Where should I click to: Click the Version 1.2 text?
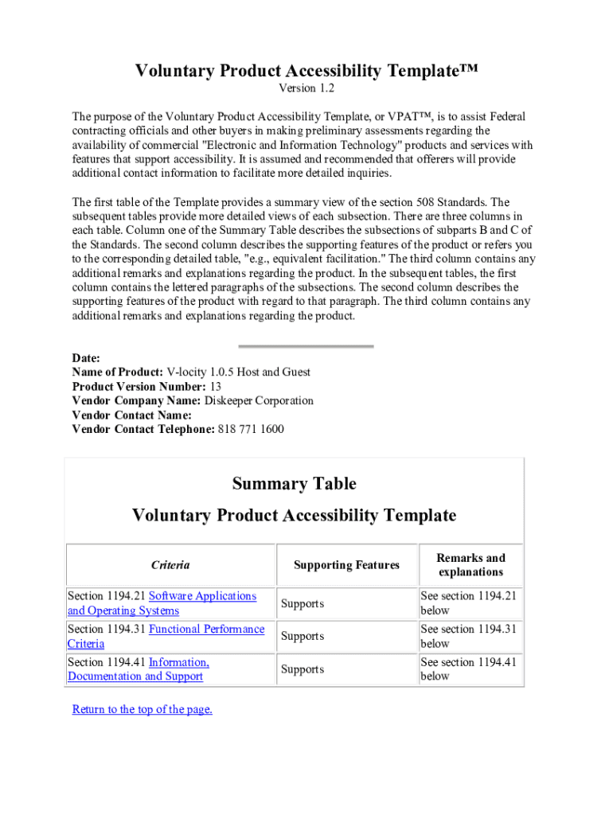point(306,88)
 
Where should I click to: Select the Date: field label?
point(86,358)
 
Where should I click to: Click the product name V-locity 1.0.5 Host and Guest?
point(238,372)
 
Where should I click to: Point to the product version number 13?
point(215,387)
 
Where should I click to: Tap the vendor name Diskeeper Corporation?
point(259,401)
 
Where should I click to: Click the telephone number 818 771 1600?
point(250,430)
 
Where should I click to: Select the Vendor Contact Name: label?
point(131,415)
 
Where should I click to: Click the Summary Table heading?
point(294,484)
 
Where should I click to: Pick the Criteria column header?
point(170,565)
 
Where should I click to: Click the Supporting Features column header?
point(346,565)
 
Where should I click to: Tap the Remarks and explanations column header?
point(470,565)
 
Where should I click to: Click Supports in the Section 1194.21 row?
point(303,604)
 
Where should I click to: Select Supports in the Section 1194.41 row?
point(303,670)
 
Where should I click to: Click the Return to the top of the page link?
point(142,709)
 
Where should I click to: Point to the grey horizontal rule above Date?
point(306,346)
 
